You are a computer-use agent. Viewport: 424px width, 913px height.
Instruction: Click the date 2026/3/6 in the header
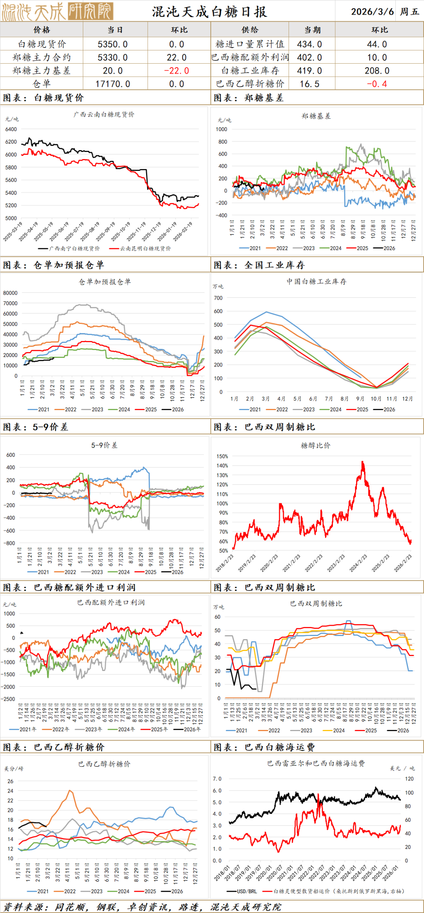coord(372,11)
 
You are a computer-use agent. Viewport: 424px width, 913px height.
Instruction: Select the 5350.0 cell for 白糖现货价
coord(113,44)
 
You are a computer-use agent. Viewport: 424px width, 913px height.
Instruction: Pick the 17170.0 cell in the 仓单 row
coord(113,84)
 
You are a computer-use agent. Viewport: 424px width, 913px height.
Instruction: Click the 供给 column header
coord(250,30)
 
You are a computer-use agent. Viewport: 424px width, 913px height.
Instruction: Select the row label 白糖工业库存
coord(250,71)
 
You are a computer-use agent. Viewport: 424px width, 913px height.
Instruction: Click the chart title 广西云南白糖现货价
coord(104,114)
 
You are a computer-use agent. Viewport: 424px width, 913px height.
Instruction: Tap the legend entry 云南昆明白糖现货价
coord(145,248)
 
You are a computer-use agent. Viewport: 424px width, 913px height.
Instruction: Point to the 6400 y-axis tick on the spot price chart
coord(11,129)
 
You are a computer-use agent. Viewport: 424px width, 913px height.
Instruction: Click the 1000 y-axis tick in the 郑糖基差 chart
coord(221,129)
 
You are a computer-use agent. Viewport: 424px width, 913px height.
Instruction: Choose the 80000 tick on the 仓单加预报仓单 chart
coord(10,293)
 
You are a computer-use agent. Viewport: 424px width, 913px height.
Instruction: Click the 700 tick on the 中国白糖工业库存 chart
coord(218,298)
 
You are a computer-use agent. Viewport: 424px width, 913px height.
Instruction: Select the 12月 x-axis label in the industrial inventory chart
coord(408,399)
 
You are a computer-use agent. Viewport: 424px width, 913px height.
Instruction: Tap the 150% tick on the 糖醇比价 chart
coord(222,456)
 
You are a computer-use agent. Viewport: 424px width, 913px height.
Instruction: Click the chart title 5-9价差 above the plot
coord(104,445)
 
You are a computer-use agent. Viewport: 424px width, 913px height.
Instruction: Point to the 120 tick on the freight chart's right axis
coord(409,778)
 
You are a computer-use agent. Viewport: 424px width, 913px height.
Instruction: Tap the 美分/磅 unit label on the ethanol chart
coord(14,768)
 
